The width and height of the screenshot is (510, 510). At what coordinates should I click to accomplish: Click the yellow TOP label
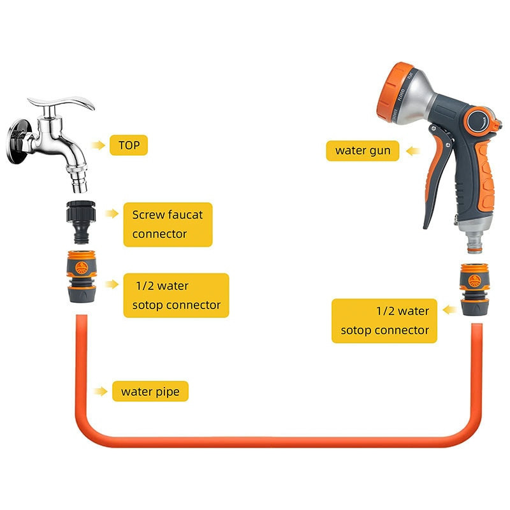pos(129,145)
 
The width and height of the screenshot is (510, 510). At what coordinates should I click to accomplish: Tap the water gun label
pos(362,150)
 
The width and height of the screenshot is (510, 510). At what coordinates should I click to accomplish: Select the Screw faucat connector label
pos(168,224)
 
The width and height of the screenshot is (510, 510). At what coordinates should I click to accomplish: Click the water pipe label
pos(150,391)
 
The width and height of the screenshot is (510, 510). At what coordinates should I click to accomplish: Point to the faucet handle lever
pos(62,102)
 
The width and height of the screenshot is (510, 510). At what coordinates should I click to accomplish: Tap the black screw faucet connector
pos(81,222)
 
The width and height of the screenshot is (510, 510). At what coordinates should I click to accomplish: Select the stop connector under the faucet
pos(82,277)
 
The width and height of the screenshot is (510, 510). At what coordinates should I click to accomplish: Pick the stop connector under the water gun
pos(474,289)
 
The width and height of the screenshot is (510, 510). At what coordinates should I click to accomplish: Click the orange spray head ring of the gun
pos(392,92)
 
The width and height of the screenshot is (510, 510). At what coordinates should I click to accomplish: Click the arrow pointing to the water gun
pos(413,151)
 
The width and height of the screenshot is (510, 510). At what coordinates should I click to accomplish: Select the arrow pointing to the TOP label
pos(98,145)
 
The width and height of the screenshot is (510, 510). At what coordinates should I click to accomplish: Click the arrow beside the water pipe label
pos(100,391)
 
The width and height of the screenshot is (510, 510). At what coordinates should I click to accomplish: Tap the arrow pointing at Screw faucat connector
pos(112,214)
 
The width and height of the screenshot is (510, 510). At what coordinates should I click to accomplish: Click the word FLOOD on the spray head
pos(402,95)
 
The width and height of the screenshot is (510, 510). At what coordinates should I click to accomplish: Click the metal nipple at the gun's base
pos(475,242)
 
